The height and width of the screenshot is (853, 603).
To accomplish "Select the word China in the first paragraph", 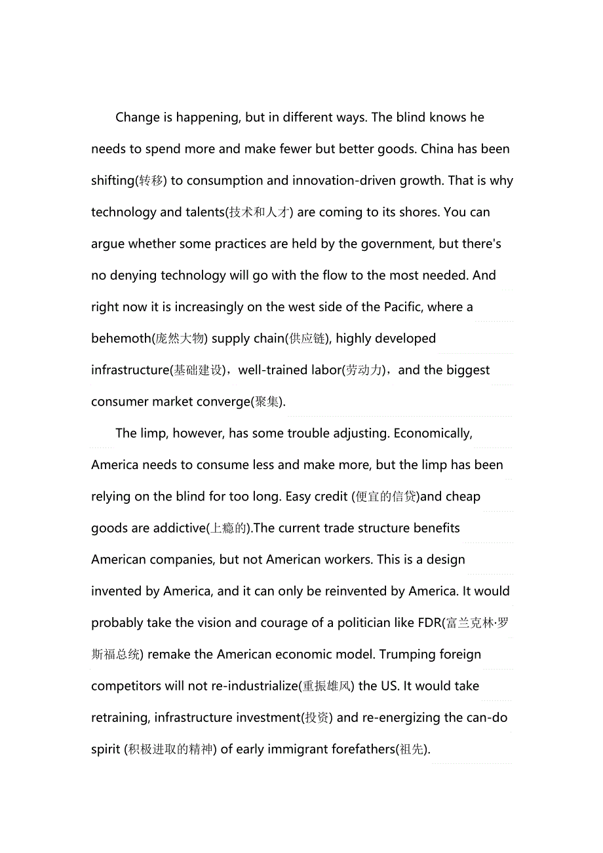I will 437,149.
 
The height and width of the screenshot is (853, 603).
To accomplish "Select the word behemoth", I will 121,339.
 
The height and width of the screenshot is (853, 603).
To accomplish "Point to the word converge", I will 220,402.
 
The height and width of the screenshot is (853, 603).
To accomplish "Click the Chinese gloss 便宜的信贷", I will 385,497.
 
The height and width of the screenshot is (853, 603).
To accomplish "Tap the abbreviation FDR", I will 429,623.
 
